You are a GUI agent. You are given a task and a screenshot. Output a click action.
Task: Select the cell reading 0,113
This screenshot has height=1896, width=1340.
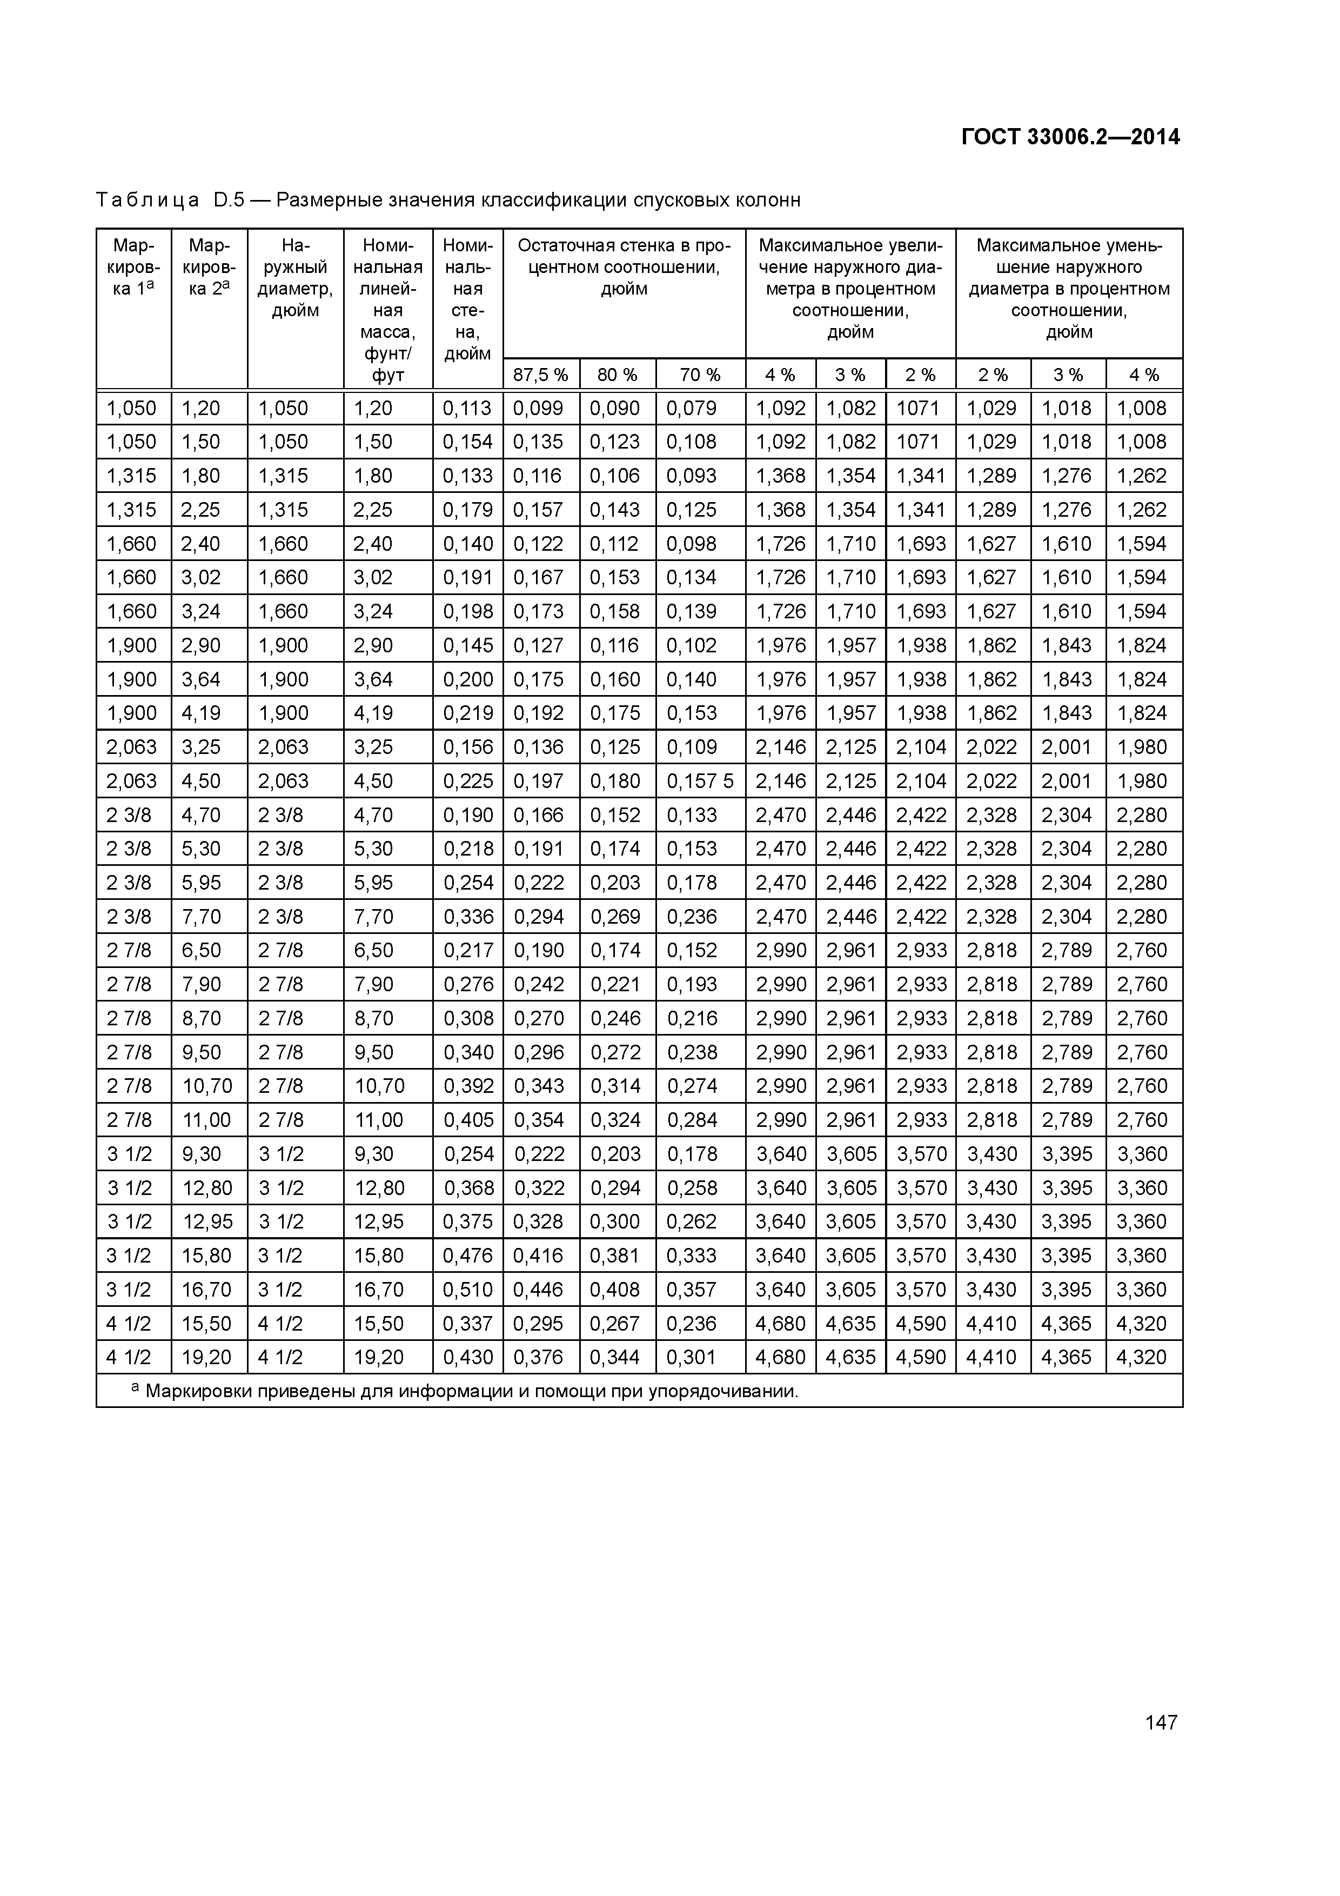point(467,408)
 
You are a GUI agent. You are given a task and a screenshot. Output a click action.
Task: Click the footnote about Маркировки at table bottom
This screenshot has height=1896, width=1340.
point(466,1391)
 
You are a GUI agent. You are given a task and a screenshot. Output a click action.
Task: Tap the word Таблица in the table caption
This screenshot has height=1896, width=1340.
point(147,201)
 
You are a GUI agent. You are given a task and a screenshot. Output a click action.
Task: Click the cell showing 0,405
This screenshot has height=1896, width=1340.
point(467,1120)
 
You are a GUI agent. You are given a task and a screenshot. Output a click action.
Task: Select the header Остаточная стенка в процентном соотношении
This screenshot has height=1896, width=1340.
point(624,268)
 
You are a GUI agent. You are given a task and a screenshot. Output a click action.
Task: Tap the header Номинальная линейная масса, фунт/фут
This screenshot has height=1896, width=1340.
point(387,310)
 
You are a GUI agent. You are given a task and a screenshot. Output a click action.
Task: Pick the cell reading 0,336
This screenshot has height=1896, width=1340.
point(467,917)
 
